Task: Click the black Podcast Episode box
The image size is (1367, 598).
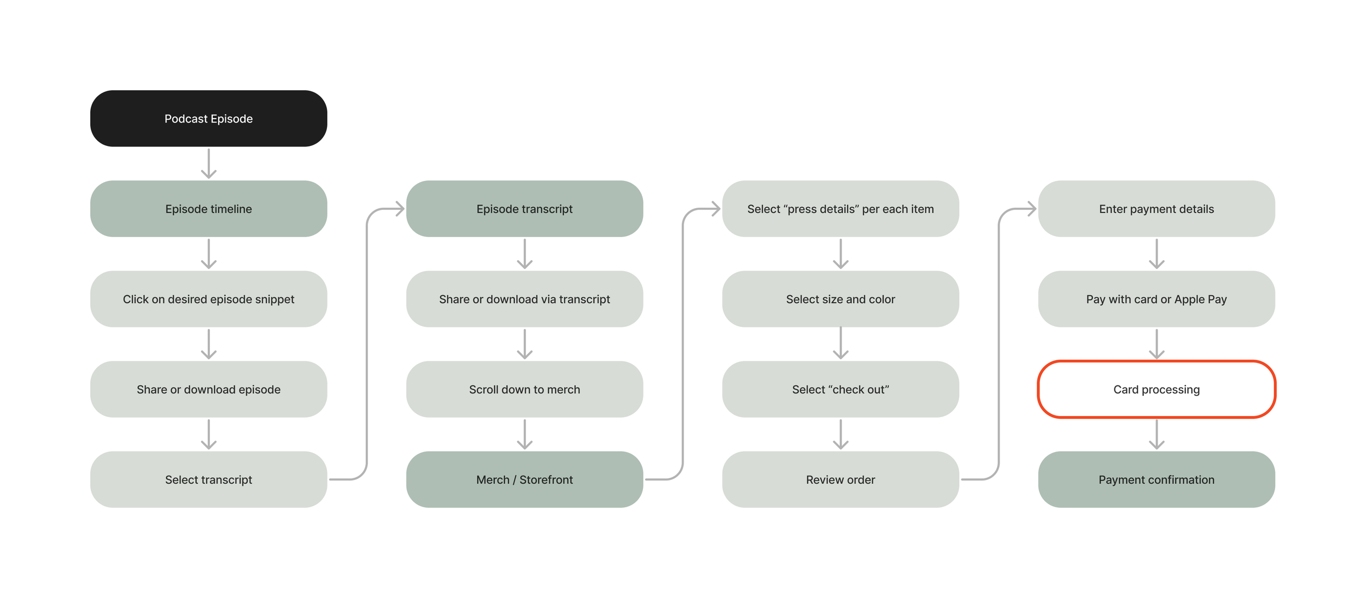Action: (208, 119)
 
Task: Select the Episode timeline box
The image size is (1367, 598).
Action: (208, 209)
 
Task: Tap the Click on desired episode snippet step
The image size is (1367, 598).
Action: (208, 299)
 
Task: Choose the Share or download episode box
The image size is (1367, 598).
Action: (208, 389)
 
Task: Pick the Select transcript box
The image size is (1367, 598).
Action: (208, 479)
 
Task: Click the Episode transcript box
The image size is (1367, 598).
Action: (524, 209)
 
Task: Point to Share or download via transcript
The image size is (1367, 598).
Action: (524, 299)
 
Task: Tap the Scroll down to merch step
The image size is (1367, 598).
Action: (524, 389)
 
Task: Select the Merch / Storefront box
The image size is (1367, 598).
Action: (524, 479)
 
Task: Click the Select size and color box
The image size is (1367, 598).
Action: (840, 299)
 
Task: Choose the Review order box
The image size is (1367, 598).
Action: (840, 479)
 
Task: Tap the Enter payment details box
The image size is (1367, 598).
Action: (1156, 209)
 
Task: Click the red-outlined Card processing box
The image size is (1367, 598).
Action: (1156, 389)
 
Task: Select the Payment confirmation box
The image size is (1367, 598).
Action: (1156, 479)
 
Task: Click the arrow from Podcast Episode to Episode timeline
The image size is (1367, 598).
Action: (208, 163)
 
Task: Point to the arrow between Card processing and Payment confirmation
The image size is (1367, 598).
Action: (1156, 435)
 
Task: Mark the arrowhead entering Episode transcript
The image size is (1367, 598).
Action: (400, 209)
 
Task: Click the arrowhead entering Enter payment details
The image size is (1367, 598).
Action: (1032, 209)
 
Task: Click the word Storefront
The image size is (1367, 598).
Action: (546, 480)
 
